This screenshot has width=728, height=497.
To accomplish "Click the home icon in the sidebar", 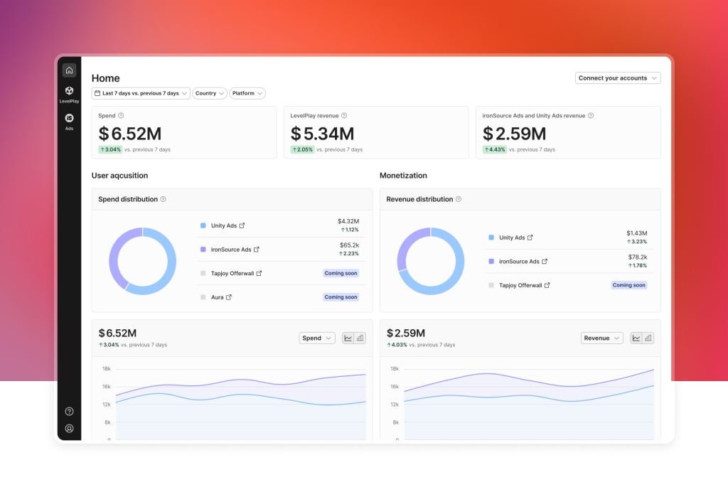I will tap(69, 70).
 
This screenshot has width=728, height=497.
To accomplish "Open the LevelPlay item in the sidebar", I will tap(69, 94).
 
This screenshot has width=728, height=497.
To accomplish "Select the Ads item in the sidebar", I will tap(69, 122).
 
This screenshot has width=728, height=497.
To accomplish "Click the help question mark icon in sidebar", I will tap(69, 411).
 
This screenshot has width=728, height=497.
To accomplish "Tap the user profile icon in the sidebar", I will tap(69, 429).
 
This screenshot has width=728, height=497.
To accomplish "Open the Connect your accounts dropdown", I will tap(618, 78).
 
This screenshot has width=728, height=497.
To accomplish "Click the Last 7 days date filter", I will tap(141, 93).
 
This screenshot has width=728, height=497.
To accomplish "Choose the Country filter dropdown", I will tap(210, 93).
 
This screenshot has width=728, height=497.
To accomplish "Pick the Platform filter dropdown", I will tap(247, 93).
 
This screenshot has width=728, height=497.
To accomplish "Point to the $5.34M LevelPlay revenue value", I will tap(322, 134).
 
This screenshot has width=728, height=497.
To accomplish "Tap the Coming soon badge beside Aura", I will tap(341, 297).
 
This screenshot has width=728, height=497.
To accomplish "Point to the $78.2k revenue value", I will tap(636, 257).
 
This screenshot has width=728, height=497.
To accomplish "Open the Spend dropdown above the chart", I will tap(317, 338).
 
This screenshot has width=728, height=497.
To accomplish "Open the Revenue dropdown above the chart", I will tap(601, 338).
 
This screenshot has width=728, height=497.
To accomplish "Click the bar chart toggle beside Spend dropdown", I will tap(360, 338).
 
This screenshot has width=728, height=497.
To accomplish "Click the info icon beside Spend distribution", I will tap(164, 199).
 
